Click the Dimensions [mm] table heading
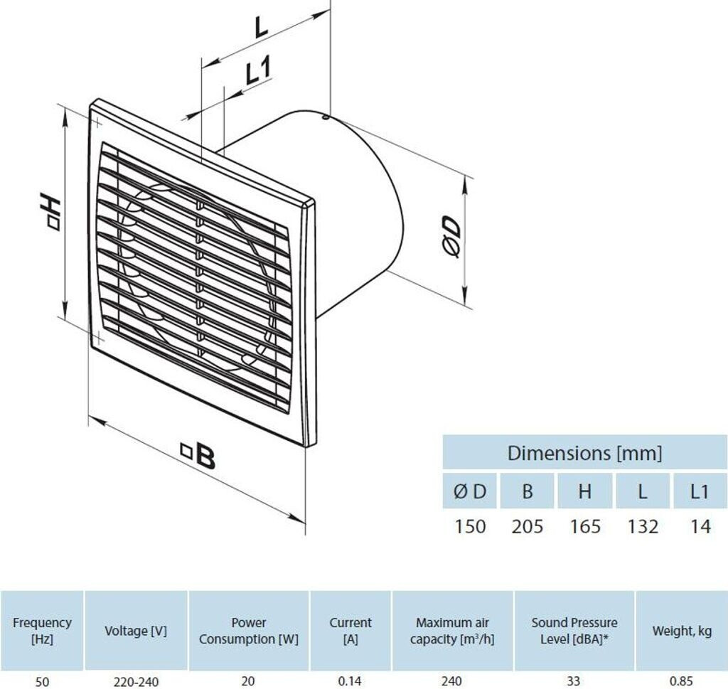coord(584,452)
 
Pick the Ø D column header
coord(470,491)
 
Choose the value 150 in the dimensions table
coord(470,526)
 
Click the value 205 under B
coord(528,526)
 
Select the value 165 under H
coord(585,526)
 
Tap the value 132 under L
coord(643,526)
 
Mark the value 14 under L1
coord(700,526)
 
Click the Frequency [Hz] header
coord(43,630)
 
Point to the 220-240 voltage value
coord(136,681)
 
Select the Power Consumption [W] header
coord(249,630)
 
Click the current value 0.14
coord(350,681)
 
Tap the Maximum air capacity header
coord(452,630)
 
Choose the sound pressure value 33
coord(574,681)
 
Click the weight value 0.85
coord(682,681)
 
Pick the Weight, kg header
coord(682,630)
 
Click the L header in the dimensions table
coord(643,491)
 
